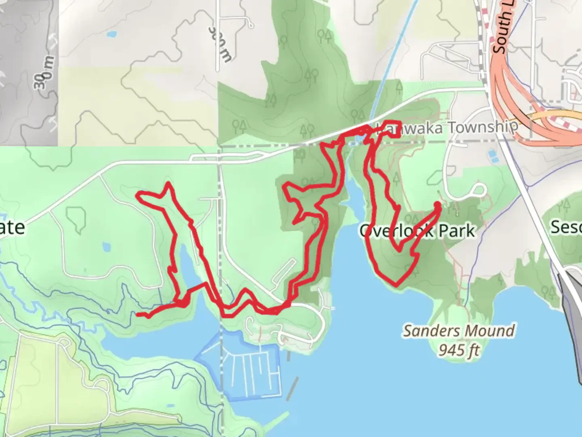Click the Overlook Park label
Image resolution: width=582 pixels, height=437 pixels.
click(x=417, y=231)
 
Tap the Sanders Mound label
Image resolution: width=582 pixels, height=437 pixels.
click(x=459, y=331)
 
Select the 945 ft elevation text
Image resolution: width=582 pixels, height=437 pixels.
click(x=459, y=350)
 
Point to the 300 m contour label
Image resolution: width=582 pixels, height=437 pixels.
click(x=220, y=45)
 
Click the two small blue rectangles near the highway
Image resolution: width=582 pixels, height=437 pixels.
click(x=493, y=156)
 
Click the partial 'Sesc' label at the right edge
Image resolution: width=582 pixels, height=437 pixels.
click(x=566, y=227)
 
